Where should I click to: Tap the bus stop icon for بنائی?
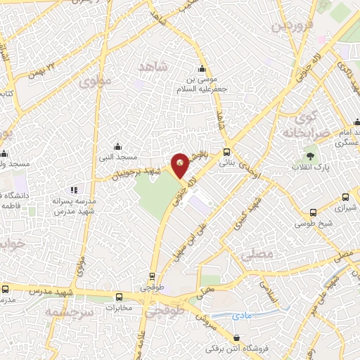pyautogui.click(x=226, y=151)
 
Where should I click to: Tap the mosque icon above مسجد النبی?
pyautogui.click(x=117, y=148)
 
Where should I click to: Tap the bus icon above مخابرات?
pyautogui.click(x=120, y=296)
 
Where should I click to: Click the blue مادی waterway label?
pyautogui.click(x=241, y=316)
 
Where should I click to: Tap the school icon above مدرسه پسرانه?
pyautogui.click(x=74, y=189)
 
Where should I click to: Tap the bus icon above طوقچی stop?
pyautogui.click(x=151, y=276)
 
